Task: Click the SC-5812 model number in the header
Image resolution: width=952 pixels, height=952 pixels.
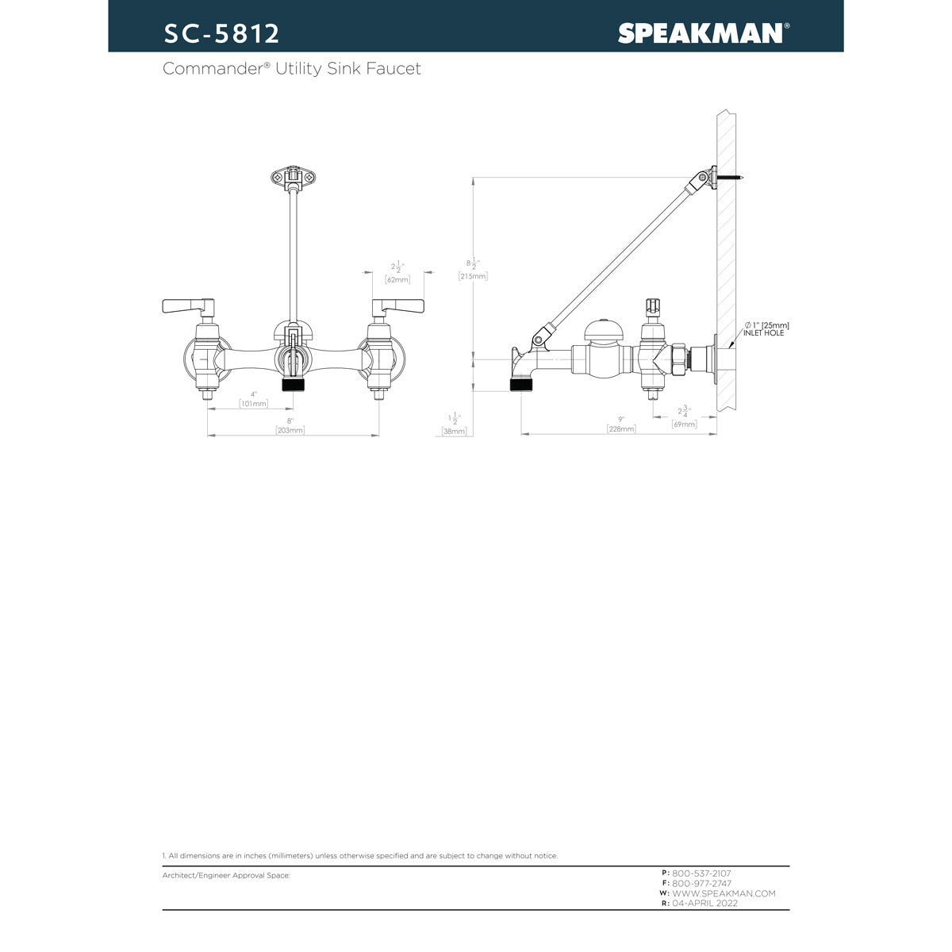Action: coord(221,33)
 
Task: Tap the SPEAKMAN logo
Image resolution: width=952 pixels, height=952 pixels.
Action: coord(701,33)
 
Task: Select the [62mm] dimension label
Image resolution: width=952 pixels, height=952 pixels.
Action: coord(397,279)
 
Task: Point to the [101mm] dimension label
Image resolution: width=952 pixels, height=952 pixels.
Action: coord(254,404)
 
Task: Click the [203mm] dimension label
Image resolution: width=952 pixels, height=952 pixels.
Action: coord(290,430)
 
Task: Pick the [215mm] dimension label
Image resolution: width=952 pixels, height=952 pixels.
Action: coord(473,276)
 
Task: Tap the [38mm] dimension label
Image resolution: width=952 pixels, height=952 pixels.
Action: coord(455,432)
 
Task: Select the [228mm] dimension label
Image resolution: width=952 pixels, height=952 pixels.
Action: coord(621,428)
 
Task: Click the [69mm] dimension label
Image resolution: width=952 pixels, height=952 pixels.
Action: coord(684,424)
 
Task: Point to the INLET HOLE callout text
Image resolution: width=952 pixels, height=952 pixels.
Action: coord(763,333)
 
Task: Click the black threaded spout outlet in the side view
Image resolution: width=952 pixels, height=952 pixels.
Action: coord(520,386)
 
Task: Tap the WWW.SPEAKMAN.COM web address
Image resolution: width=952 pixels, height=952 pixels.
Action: coord(724,893)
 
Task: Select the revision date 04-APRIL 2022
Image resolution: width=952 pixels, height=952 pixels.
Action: coord(704,904)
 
